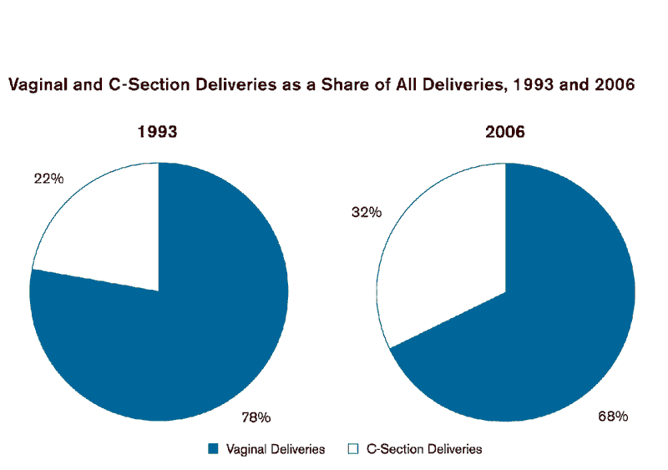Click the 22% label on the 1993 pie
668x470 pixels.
coord(48,179)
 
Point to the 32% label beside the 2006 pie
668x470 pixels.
coord(366,213)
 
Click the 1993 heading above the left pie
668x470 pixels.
coord(158,132)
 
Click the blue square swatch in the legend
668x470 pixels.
coord(213,449)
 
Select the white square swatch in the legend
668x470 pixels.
coord(352,449)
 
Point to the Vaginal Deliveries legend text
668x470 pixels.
coord(276,449)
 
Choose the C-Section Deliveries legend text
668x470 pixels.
coord(424,449)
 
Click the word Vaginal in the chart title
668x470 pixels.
coord(36,84)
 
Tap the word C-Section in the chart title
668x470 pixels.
coord(135,84)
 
